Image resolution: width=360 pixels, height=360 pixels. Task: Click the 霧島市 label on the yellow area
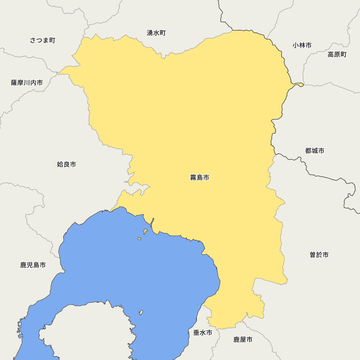[199, 177]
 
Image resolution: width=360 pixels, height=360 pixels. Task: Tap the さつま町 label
[42, 40]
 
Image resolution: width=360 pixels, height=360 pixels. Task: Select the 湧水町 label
[156, 33]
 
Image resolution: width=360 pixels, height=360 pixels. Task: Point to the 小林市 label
[302, 45]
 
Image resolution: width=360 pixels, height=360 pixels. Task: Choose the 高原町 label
[337, 55]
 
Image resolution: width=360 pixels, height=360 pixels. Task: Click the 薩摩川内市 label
[27, 83]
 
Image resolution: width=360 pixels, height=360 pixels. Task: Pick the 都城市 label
[315, 151]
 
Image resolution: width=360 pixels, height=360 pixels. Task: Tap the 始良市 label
[67, 165]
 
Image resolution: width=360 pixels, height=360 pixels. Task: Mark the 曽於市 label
[319, 255]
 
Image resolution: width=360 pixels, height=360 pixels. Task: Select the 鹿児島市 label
[33, 265]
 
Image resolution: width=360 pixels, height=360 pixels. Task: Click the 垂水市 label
[203, 333]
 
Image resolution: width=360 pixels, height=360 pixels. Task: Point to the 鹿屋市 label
[243, 339]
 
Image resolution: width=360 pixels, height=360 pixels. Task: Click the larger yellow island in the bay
[145, 231]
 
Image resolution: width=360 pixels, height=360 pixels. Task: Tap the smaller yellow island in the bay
[139, 238]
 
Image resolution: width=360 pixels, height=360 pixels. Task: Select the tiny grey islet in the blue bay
[141, 312]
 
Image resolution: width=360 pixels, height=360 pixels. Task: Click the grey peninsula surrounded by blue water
[90, 331]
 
